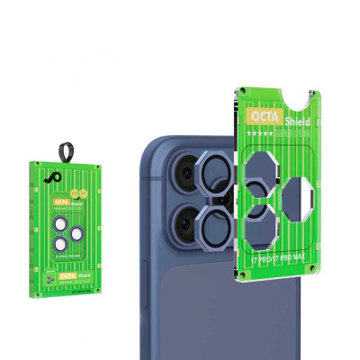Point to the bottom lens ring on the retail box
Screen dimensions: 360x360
coord(60,242)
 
